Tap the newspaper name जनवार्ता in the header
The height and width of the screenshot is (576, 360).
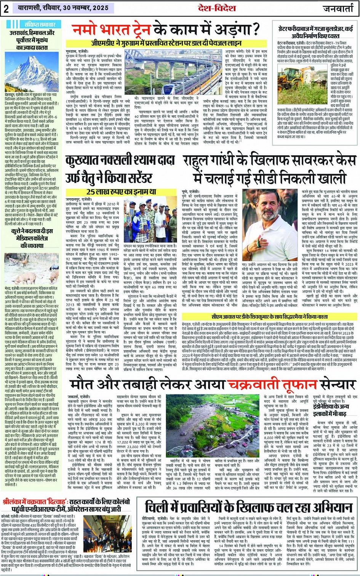click(x=338, y=8)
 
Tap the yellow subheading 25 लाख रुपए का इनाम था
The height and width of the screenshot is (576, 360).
click(x=121, y=192)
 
